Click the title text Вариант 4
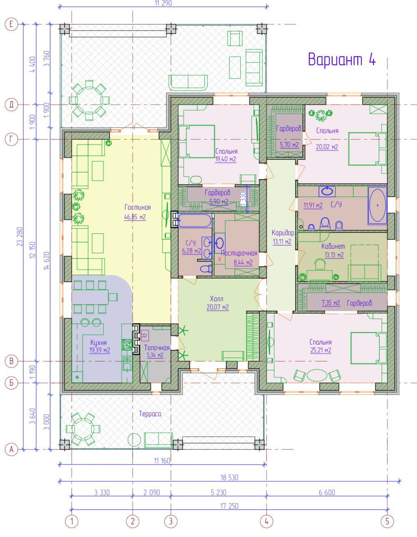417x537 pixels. (x=342, y=59)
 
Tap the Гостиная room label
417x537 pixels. (x=138, y=207)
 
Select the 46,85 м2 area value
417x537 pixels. (x=135, y=217)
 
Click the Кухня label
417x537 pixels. (x=98, y=342)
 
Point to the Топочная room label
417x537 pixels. (x=157, y=348)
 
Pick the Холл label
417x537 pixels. (x=216, y=299)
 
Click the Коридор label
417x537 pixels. (x=283, y=232)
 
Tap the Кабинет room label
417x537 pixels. (x=333, y=246)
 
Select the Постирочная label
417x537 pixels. (x=239, y=253)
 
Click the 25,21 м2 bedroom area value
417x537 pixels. (x=321, y=350)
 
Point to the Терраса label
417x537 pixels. (x=150, y=414)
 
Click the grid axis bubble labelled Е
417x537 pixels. (x=11, y=24)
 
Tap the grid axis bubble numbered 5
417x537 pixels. (x=387, y=522)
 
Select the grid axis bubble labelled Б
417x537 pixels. (x=11, y=383)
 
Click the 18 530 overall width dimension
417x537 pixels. (x=229, y=477)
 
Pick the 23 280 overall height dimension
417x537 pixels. (x=20, y=237)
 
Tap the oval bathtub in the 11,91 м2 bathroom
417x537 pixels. (x=377, y=205)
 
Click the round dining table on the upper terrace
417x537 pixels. (x=89, y=100)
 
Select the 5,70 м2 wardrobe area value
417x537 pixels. (x=289, y=145)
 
